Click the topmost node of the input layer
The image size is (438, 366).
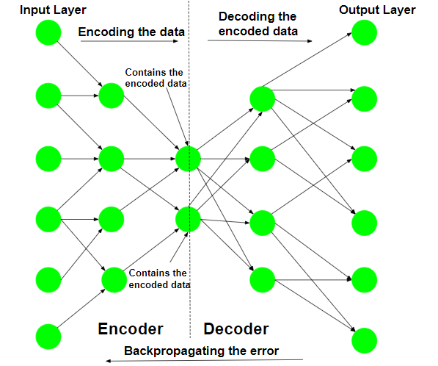(48, 32)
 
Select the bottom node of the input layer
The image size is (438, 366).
(48, 337)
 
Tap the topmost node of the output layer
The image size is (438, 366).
(364, 32)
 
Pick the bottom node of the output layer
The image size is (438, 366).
(364, 341)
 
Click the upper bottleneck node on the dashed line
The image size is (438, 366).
(188, 159)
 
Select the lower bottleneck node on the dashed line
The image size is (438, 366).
(188, 219)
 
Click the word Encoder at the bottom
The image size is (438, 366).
(131, 329)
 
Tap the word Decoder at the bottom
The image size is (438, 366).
(236, 329)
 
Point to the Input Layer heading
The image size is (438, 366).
(53, 10)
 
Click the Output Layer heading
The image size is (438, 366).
(377, 10)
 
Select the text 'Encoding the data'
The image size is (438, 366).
(131, 32)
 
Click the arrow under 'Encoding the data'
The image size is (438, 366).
(129, 41)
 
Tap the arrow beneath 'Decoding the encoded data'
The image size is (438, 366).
(260, 41)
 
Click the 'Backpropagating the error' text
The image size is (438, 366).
(202, 351)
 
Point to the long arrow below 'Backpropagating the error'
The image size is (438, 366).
(205, 360)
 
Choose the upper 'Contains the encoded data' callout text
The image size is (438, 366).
(156, 78)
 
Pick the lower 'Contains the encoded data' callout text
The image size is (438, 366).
(159, 279)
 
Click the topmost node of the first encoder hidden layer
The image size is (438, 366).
(112, 96)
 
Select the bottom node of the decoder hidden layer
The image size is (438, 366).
(263, 280)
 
